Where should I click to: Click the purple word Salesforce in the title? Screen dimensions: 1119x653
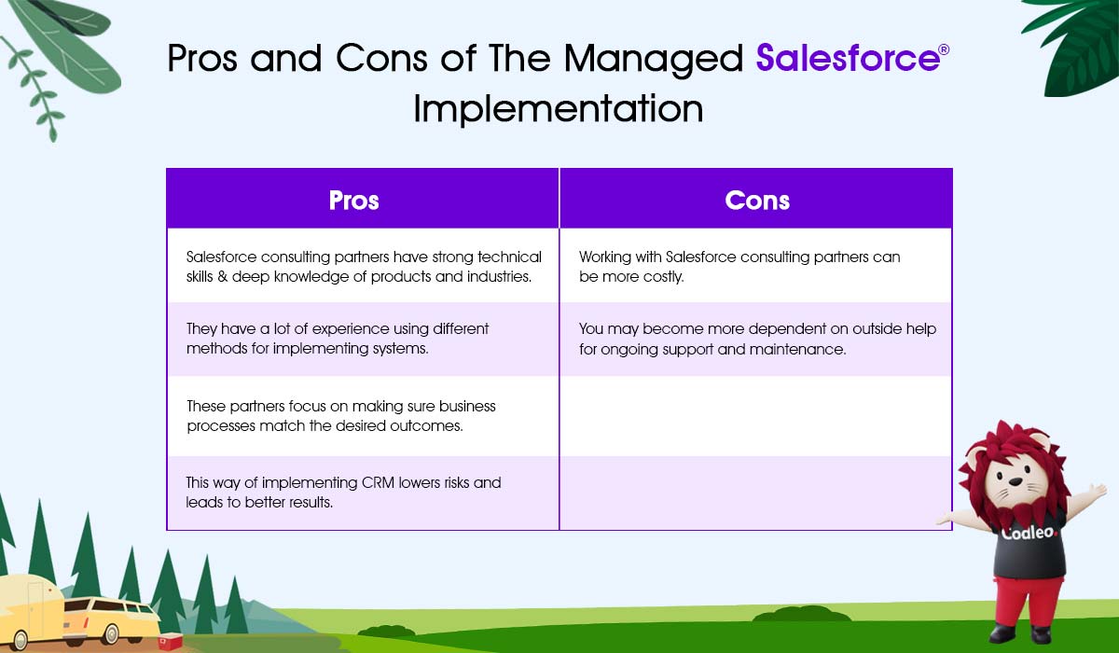click(x=848, y=59)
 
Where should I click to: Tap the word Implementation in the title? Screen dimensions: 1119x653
click(x=558, y=109)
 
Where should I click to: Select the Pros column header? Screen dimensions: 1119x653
click(x=353, y=201)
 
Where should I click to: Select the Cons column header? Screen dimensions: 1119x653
click(x=757, y=201)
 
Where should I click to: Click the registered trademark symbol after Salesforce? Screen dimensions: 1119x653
click(x=944, y=49)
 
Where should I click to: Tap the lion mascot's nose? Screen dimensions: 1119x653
click(x=1016, y=482)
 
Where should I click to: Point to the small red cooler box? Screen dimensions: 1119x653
click(x=171, y=641)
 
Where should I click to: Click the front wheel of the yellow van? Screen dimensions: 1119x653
click(x=110, y=634)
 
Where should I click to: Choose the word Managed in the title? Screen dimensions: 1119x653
click(x=654, y=60)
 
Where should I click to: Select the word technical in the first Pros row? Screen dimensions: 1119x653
click(x=509, y=257)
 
